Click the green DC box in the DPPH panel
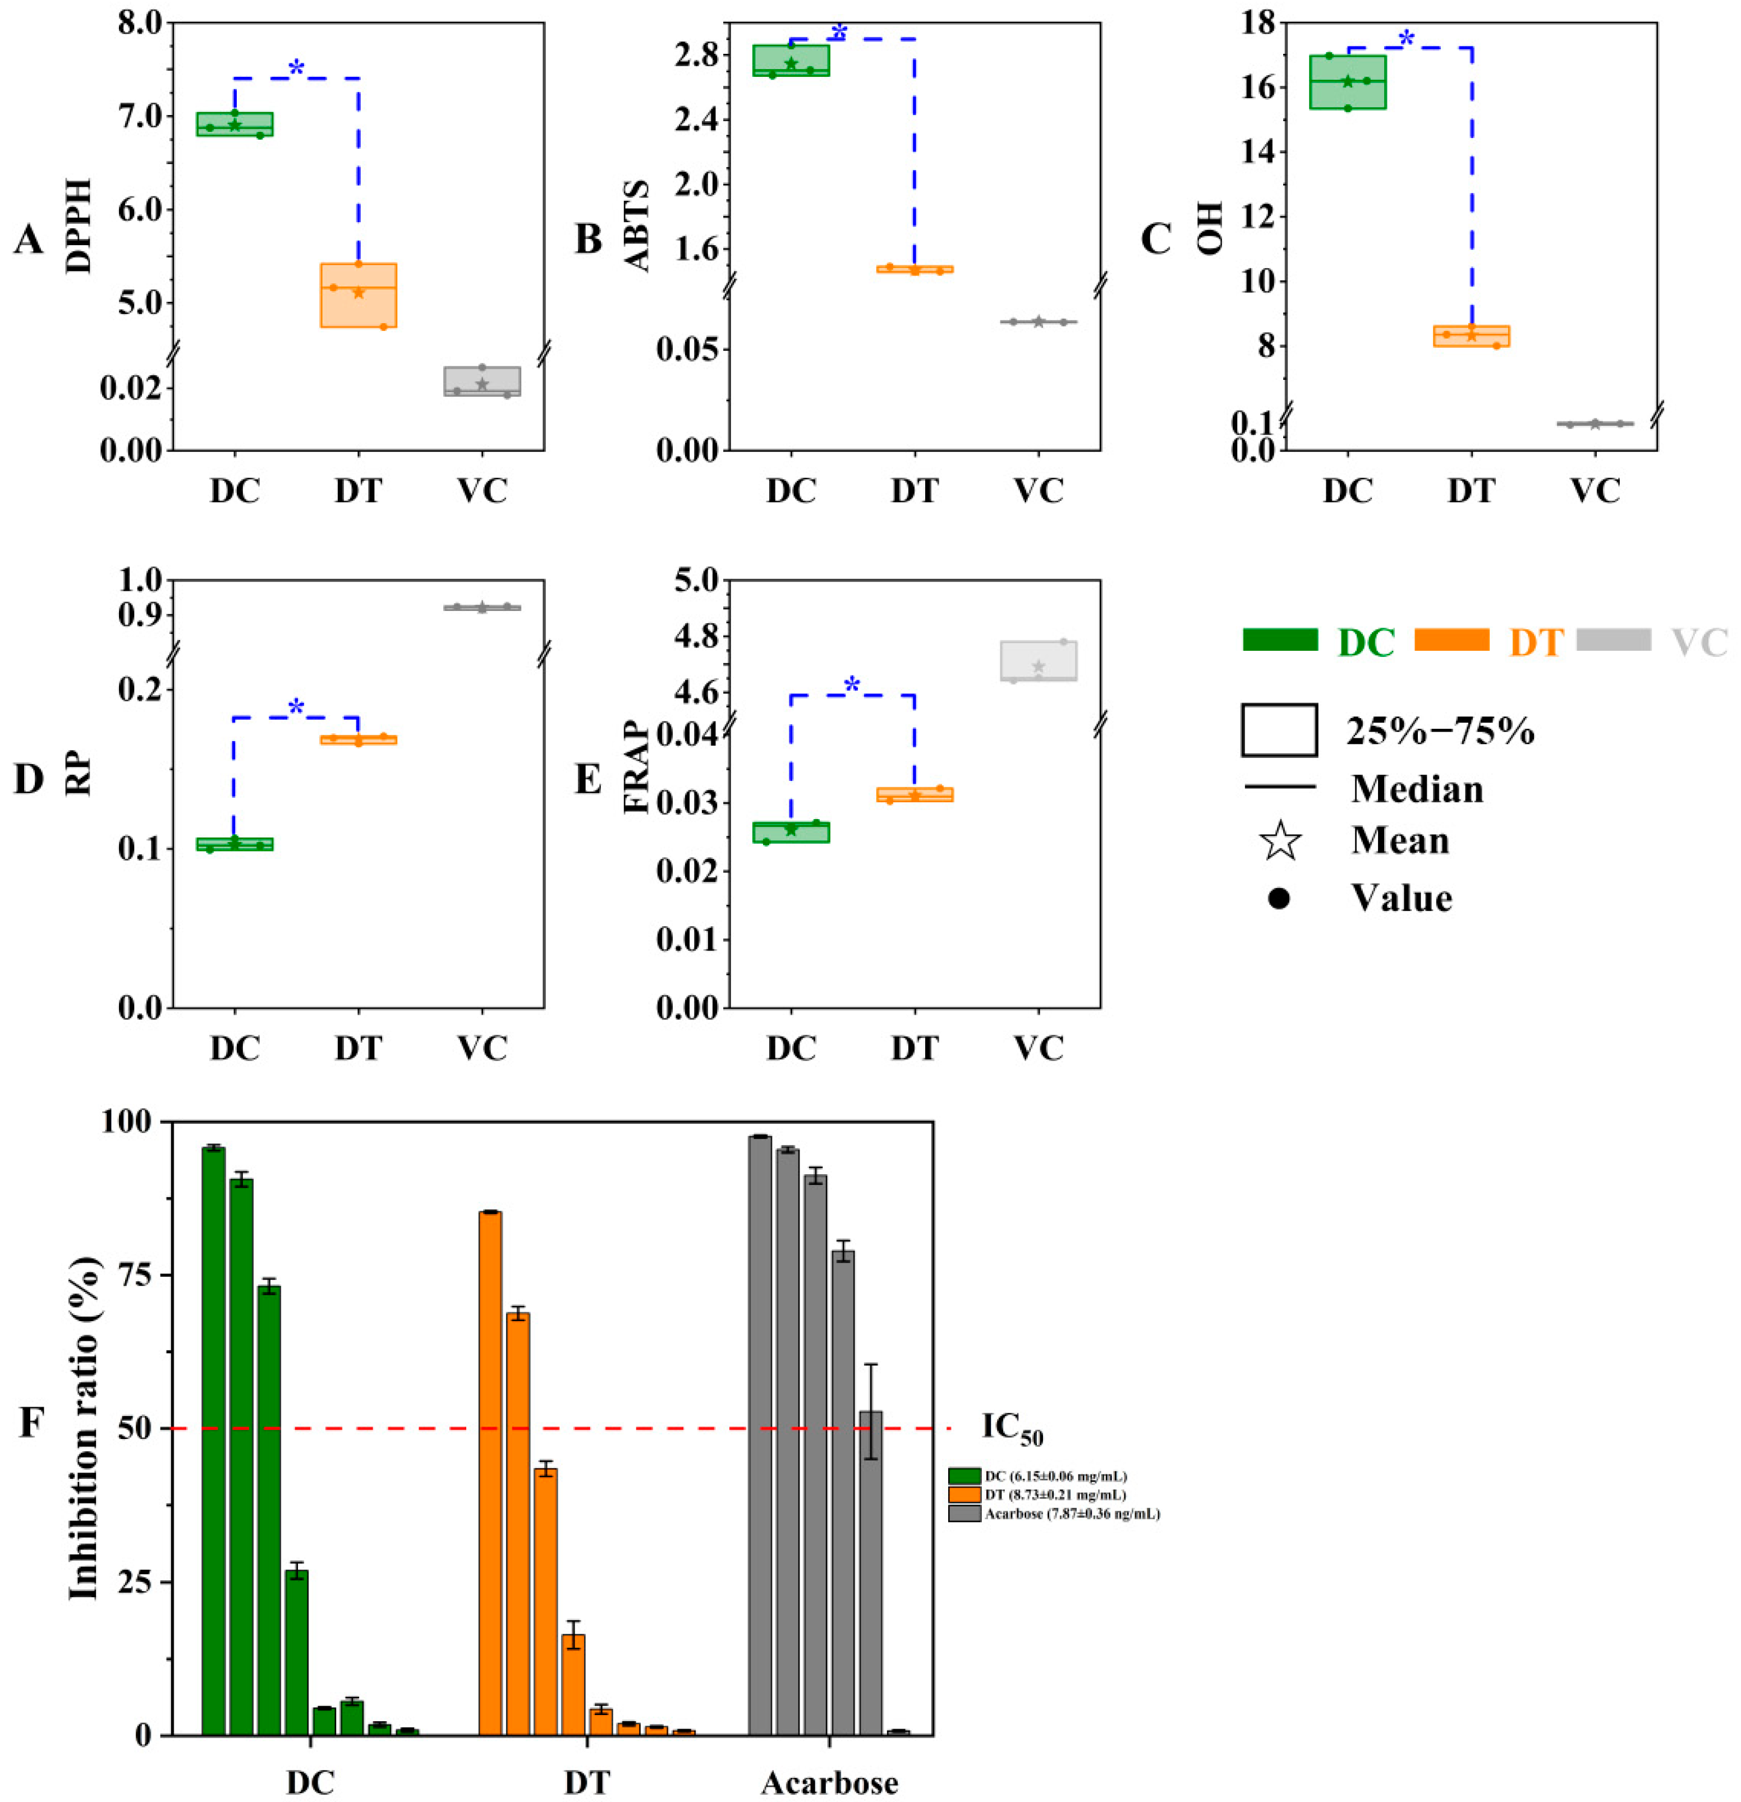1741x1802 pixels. click(235, 124)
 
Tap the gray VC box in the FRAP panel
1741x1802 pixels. click(1039, 660)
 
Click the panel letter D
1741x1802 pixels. click(29, 779)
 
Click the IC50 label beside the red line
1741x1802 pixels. click(1012, 1428)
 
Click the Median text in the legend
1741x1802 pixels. click(1416, 789)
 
